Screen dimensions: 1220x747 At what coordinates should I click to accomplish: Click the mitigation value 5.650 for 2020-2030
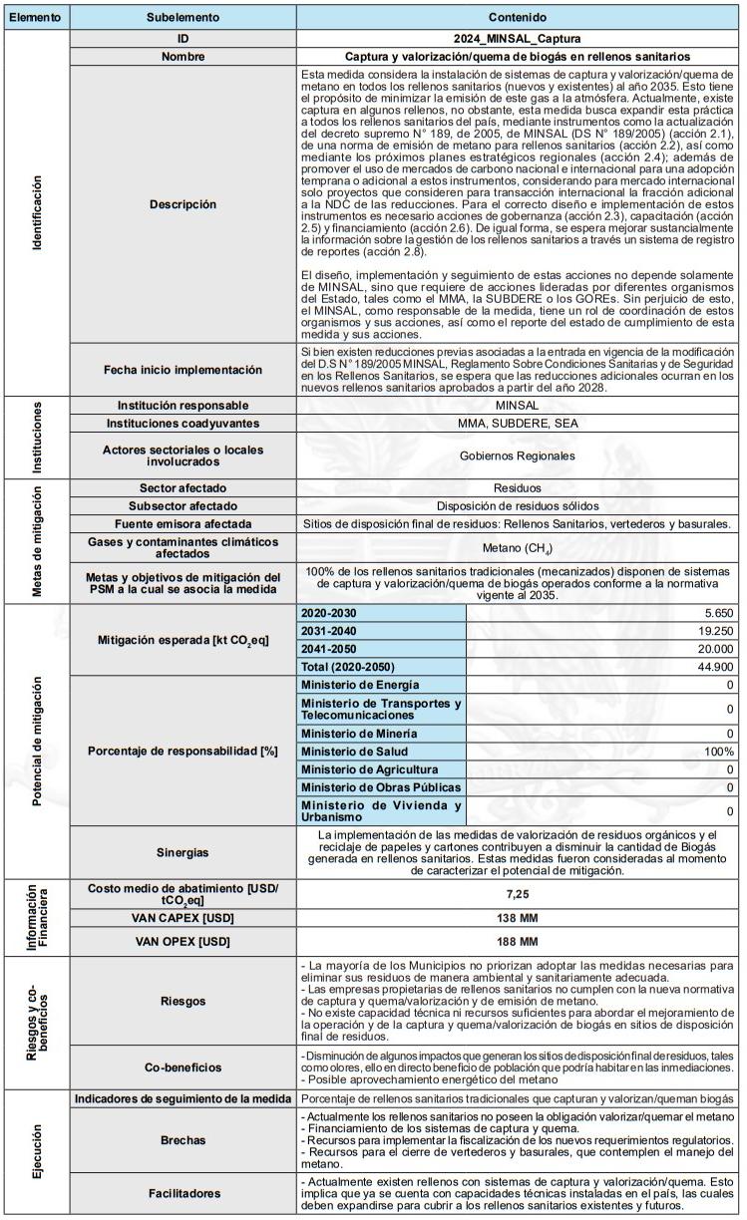(x=718, y=613)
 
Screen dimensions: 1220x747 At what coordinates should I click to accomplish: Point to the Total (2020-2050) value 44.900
(x=713, y=667)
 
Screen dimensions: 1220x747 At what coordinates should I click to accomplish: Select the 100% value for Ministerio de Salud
(x=717, y=751)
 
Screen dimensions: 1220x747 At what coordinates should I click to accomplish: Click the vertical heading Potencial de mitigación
(x=37, y=741)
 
